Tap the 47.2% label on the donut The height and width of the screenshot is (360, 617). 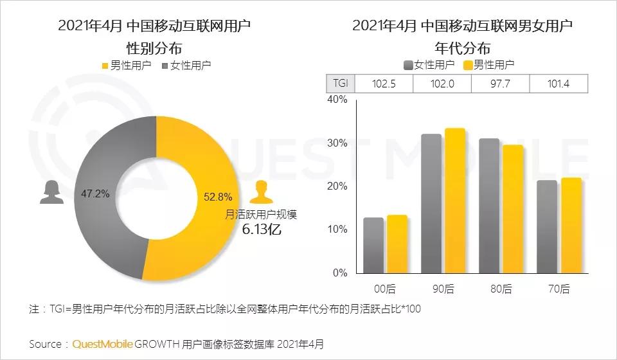tap(95, 192)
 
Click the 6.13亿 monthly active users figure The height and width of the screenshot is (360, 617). tap(261, 230)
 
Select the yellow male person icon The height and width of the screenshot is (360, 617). tap(260, 192)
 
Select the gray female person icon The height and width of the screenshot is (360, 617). tap(51, 192)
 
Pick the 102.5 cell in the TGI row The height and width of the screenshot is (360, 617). tap(383, 84)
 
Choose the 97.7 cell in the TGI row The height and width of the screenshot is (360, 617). tap(500, 84)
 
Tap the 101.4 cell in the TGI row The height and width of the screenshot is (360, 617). tap(558, 84)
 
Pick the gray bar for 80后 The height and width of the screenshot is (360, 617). tap(488, 205)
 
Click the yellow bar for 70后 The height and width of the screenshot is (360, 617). tap(571, 225)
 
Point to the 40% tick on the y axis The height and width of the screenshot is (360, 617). tap(337, 100)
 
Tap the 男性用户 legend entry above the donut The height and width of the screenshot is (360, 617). tap(126, 65)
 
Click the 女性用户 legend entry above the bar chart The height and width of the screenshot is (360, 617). tap(429, 64)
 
